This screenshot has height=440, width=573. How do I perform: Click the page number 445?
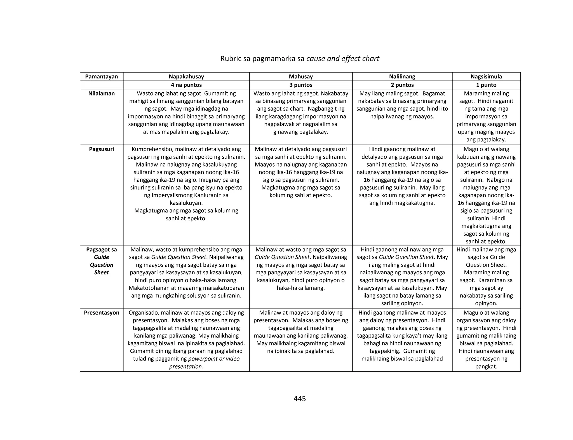[x=300, y=399]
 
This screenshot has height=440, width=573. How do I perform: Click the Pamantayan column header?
[x=102, y=76]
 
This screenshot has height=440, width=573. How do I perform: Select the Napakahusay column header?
[x=186, y=76]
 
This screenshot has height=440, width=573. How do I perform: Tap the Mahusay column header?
[x=301, y=76]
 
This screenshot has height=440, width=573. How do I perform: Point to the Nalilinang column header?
[x=402, y=76]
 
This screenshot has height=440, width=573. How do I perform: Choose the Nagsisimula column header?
[x=486, y=76]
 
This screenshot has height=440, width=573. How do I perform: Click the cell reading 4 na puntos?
[x=186, y=85]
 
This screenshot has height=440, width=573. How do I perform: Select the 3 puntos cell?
[x=301, y=85]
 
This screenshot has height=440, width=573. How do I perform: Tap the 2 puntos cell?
[x=402, y=85]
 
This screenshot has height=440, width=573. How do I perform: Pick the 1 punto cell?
[x=486, y=85]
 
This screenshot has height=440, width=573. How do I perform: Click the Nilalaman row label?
[x=102, y=93]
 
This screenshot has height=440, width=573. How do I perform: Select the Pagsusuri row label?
[x=102, y=149]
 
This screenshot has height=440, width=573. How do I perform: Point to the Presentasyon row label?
[x=102, y=313]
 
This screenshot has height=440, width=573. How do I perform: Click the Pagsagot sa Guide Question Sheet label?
[x=102, y=261]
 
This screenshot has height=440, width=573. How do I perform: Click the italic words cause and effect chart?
[x=343, y=59]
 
